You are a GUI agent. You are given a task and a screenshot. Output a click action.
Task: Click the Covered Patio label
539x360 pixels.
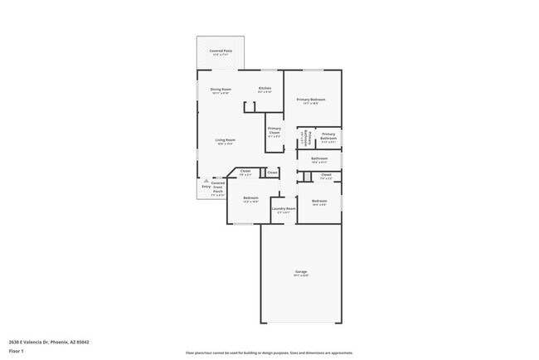pos(221,51)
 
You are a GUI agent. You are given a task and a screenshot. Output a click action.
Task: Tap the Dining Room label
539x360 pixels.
pos(221,89)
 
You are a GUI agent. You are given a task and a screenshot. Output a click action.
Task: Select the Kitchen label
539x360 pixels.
pos(265,88)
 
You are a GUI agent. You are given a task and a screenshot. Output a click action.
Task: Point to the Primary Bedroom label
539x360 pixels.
pos(311,100)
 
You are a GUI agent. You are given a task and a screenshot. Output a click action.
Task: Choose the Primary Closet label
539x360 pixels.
pos(274,129)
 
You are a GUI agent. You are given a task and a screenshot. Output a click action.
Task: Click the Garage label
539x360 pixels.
pos(301,271)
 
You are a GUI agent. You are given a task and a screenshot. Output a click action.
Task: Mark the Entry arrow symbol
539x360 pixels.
pos(206,180)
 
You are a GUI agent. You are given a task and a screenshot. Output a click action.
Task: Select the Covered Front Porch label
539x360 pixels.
pos(218,186)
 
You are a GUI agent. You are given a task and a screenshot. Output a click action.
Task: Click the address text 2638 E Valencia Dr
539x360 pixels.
pos(49,341)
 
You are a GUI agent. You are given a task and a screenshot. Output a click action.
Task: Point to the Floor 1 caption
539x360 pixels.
pos(17,350)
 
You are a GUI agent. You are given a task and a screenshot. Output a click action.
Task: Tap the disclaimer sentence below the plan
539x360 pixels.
pos(269,353)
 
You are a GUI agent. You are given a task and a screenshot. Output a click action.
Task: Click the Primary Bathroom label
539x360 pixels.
pos(328,136)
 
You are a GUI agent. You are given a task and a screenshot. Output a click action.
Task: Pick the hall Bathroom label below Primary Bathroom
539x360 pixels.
pos(319,158)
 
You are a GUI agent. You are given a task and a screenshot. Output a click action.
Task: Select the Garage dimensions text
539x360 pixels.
pos(301,275)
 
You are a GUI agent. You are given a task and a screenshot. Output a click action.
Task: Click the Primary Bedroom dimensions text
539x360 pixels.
pos(311,104)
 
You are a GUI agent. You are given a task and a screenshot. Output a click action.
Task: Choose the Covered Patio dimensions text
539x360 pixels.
pos(221,56)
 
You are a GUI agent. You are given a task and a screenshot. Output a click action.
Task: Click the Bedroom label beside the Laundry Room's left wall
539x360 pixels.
pos(250,197)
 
